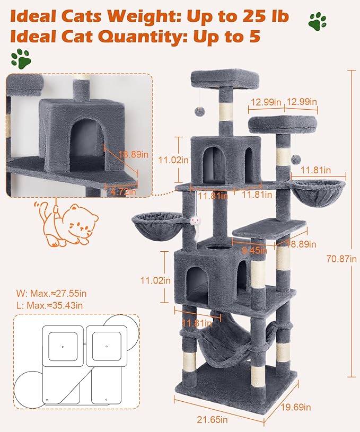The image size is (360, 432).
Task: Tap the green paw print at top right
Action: click(317, 22)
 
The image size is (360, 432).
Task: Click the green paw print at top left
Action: click(21, 58)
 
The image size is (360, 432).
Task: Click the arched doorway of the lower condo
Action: click(196, 281)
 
